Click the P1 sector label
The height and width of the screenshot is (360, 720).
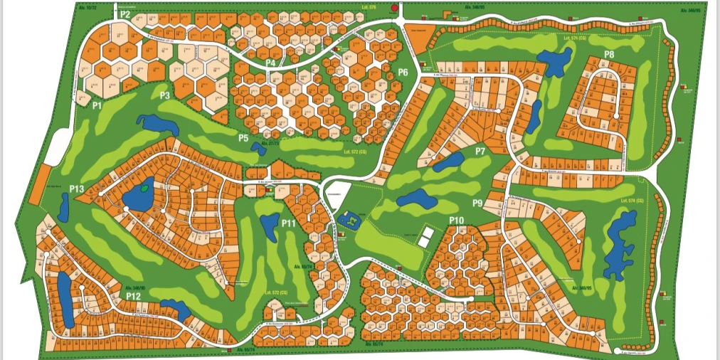click(x=97, y=105)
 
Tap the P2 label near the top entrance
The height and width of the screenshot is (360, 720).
click(x=125, y=14)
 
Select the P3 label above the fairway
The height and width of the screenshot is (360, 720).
click(x=164, y=95)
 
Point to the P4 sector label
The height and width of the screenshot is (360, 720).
click(x=270, y=63)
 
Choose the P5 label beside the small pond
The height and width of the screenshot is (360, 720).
click(x=243, y=138)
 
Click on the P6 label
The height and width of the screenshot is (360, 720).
click(x=403, y=72)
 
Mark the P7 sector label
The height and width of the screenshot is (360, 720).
click(x=480, y=151)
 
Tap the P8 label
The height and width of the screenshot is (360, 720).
click(x=609, y=55)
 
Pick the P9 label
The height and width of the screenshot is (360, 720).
click(x=477, y=203)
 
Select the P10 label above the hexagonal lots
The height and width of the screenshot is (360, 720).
click(x=456, y=221)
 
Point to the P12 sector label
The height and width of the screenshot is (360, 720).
click(x=133, y=295)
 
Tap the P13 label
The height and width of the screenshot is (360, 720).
click(x=77, y=189)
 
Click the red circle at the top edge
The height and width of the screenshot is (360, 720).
click(x=394, y=9)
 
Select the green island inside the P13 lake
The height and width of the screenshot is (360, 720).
click(x=145, y=189)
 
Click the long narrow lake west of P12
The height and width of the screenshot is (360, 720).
click(x=64, y=300)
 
